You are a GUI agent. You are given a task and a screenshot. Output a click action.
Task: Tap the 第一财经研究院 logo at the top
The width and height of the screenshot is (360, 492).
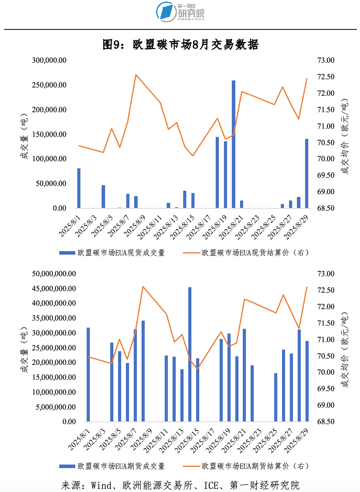180,12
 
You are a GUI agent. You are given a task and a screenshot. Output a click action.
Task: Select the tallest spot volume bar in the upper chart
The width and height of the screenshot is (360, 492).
233,144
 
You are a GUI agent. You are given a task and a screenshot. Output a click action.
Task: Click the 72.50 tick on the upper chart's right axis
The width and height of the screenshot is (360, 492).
325,77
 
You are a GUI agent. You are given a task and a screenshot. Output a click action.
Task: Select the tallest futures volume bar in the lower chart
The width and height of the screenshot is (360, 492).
190,354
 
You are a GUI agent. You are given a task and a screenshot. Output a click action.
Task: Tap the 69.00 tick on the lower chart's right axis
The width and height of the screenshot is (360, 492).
325,405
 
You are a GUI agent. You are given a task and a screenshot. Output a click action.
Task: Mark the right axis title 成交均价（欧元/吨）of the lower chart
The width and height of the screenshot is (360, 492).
345,348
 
